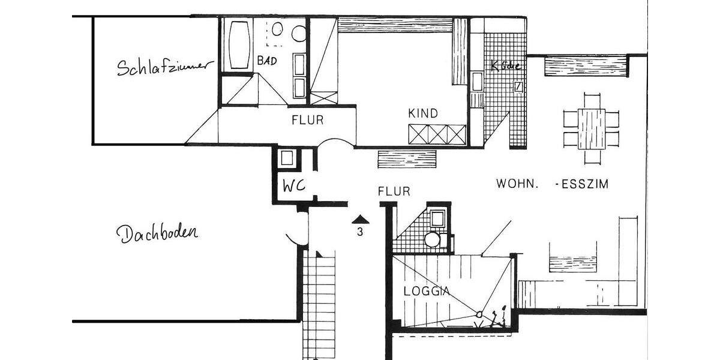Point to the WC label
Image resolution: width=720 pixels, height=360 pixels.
[x=295, y=186]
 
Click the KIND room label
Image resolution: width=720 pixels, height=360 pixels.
[x=423, y=113]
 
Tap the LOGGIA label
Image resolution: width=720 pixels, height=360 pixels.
[x=427, y=292]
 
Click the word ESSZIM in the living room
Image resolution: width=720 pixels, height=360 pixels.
[x=585, y=184]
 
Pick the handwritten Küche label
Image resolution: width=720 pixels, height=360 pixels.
[x=505, y=66]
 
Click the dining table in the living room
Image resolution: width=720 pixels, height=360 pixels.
[x=591, y=128]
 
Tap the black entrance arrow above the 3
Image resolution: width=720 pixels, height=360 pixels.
[x=359, y=220]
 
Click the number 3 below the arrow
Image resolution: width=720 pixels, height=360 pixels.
[x=360, y=233]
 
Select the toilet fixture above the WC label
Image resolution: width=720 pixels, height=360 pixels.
[x=287, y=158]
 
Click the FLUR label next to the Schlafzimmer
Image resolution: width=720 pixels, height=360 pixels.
[x=307, y=120]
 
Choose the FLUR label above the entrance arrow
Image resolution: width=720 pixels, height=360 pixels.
[x=394, y=191]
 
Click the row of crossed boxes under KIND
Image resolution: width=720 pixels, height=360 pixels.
[x=437, y=134]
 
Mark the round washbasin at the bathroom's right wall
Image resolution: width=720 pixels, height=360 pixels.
[x=299, y=34]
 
